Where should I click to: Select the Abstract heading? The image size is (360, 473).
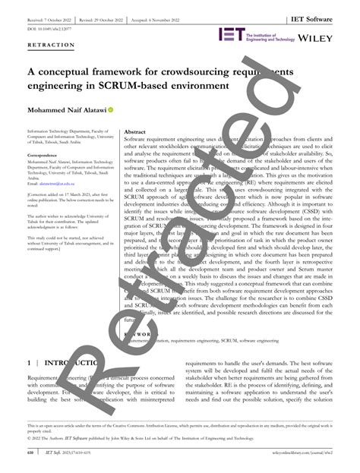point(135,131)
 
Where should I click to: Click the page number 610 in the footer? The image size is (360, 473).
point(30,453)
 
